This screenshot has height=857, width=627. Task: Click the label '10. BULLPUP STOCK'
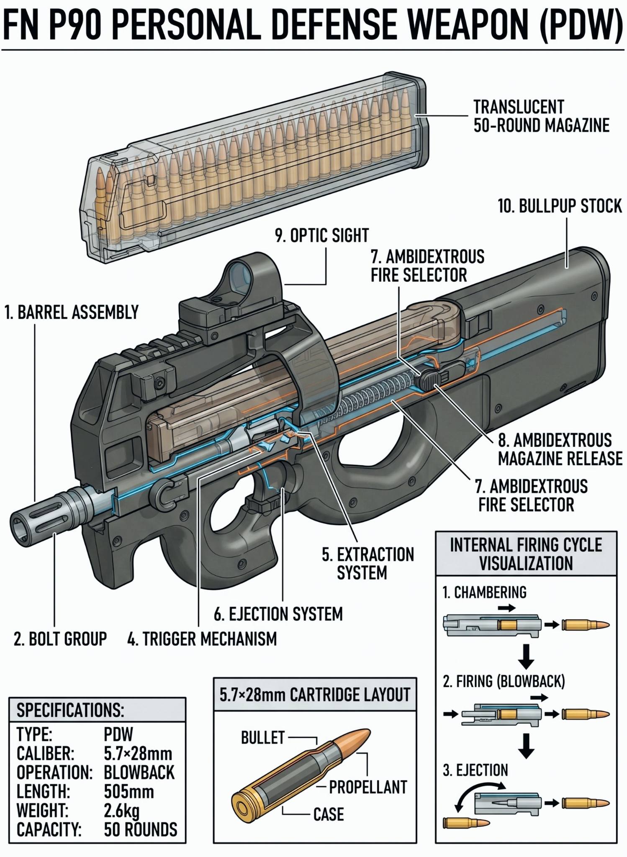pyautogui.click(x=560, y=206)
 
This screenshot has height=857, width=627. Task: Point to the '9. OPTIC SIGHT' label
pyautogui.click(x=322, y=236)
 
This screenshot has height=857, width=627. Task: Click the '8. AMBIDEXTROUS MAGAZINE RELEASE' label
pyautogui.click(x=560, y=449)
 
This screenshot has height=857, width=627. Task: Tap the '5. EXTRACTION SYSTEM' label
pyautogui.click(x=368, y=564)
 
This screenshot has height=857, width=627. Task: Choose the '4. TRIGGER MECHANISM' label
pyautogui.click(x=202, y=639)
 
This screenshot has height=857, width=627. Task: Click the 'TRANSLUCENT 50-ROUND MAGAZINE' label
pyautogui.click(x=541, y=116)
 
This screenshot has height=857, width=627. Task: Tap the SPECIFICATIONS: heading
pyautogui.click(x=70, y=710)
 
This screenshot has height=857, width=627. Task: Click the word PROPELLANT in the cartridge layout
pyautogui.click(x=368, y=787)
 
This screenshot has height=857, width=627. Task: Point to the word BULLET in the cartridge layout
pyautogui.click(x=263, y=737)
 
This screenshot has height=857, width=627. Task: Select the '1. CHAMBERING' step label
pyautogui.click(x=485, y=592)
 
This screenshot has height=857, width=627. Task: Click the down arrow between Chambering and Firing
pyautogui.click(x=526, y=656)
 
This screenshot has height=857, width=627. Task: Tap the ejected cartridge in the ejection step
pyautogui.click(x=466, y=823)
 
